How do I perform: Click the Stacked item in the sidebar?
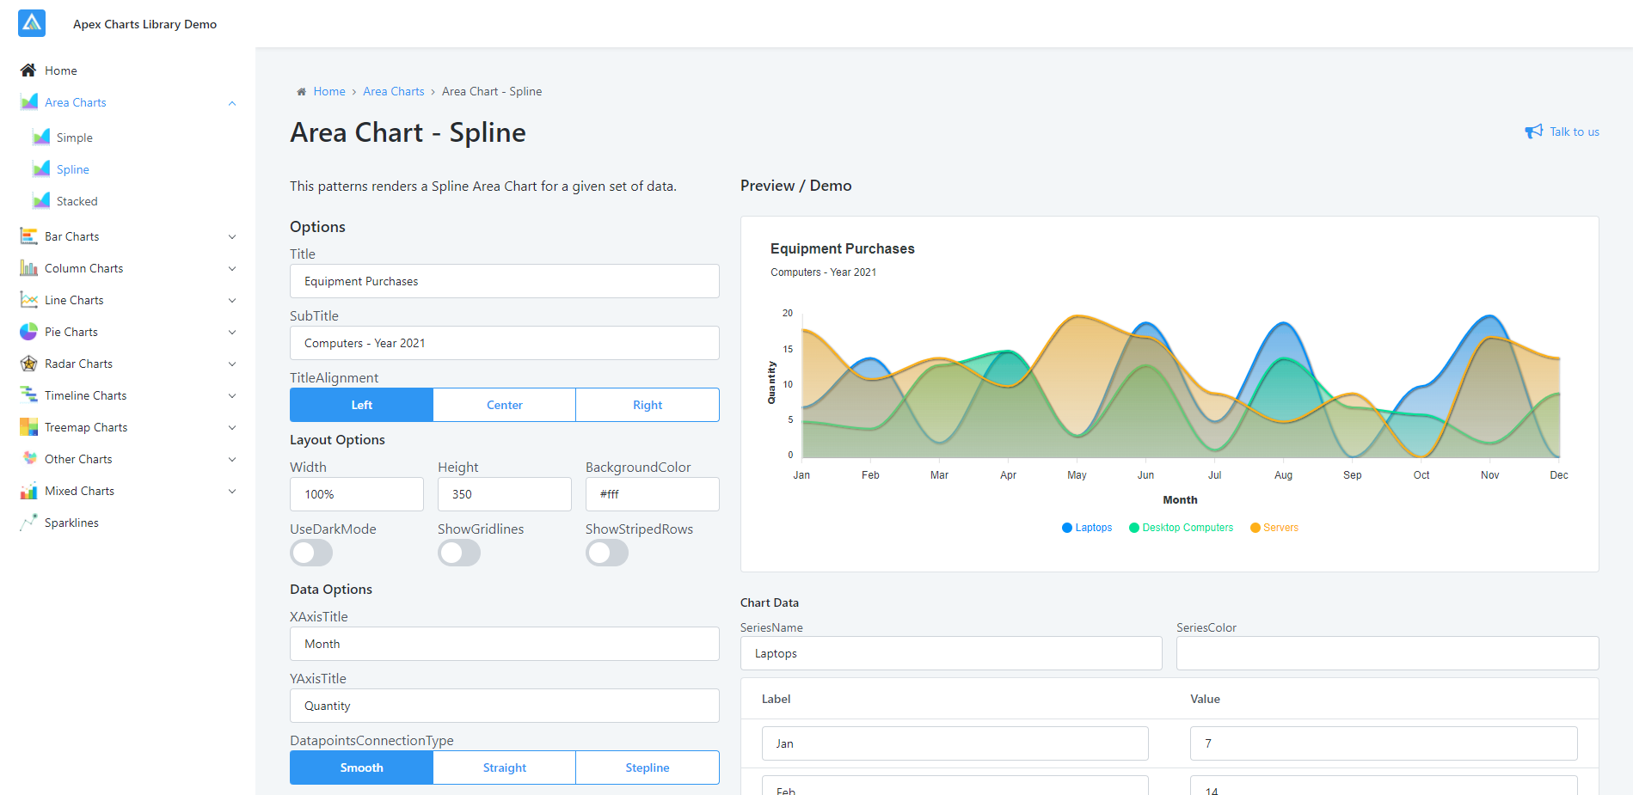point(77,201)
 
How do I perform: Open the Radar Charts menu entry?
point(78,364)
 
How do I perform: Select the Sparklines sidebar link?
point(71,523)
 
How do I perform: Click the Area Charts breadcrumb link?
point(393,91)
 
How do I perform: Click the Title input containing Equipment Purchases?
point(504,281)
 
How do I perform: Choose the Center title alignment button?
point(504,405)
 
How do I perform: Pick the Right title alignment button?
point(647,405)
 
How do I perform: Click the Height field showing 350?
point(504,494)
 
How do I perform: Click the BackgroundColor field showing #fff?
point(652,494)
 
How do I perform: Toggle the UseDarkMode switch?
point(311,553)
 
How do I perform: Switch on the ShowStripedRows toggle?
point(607,553)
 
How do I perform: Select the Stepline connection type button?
point(647,767)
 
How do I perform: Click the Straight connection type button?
point(504,767)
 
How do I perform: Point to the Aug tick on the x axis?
point(1283,474)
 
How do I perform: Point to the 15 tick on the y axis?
point(788,349)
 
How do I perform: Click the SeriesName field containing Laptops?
point(950,653)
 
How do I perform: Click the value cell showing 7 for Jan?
point(1383,743)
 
